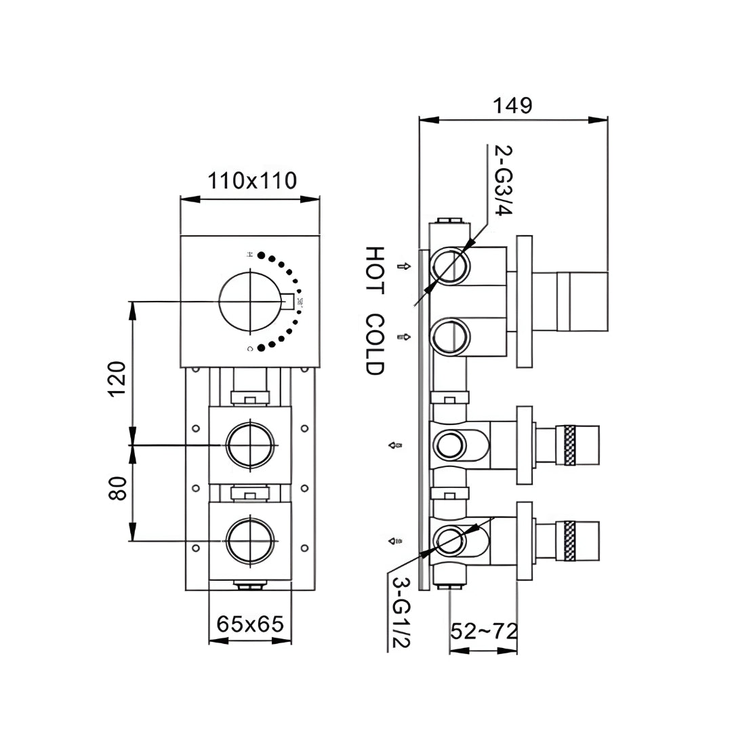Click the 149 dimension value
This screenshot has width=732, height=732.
click(x=512, y=106)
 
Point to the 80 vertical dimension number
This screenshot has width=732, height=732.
click(x=117, y=489)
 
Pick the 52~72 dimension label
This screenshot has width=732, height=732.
click(x=484, y=632)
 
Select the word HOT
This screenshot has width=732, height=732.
click(x=374, y=270)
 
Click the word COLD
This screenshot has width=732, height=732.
click(x=374, y=344)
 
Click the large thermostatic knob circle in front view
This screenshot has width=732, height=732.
click(x=249, y=302)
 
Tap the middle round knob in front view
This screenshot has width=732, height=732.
click(x=251, y=445)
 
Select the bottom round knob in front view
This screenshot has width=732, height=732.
click(x=251, y=540)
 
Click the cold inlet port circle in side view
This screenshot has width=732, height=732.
click(x=450, y=337)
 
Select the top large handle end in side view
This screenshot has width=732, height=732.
click(x=582, y=302)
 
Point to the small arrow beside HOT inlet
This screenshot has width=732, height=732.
click(x=405, y=266)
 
